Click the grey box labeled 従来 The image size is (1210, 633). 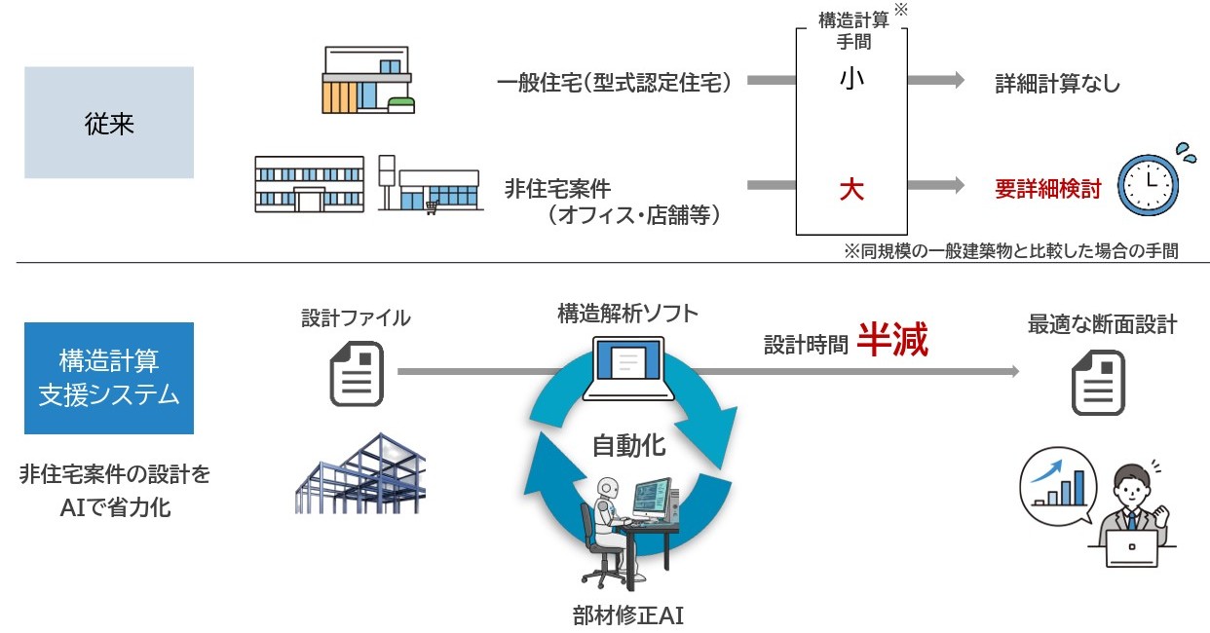tap(108, 123)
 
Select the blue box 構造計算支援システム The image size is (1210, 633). tap(108, 379)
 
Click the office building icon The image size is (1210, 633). tap(309, 184)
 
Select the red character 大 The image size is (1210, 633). tap(851, 189)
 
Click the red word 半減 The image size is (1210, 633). tap(892, 342)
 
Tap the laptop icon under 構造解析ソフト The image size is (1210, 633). tap(628, 368)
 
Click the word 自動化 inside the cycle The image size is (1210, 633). tap(628, 446)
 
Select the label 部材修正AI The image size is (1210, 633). tap(628, 615)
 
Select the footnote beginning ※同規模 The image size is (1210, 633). tap(1011, 251)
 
